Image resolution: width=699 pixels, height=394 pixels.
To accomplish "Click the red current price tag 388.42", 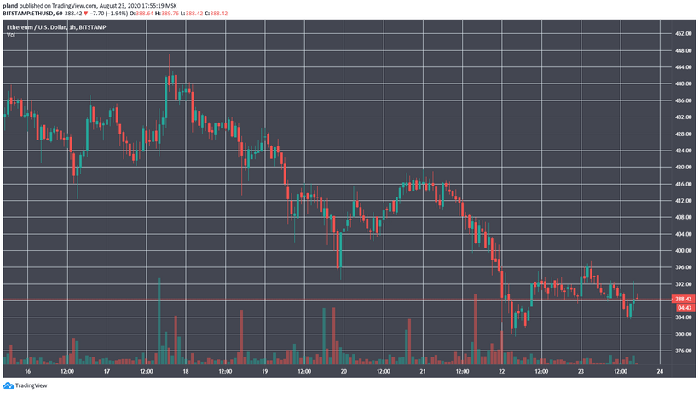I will point(682,299).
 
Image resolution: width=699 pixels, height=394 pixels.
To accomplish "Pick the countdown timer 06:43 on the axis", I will point(682,307).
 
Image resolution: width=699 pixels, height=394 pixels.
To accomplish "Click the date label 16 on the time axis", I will point(28,372).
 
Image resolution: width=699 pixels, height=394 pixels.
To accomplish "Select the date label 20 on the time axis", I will point(344,372).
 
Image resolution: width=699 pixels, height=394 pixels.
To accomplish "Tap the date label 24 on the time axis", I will point(659,372).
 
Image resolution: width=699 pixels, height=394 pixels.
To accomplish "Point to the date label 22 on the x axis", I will point(501,372).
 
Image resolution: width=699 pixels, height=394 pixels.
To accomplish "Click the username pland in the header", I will point(11,6).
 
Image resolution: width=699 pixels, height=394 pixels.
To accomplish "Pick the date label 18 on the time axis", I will point(186,372).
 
